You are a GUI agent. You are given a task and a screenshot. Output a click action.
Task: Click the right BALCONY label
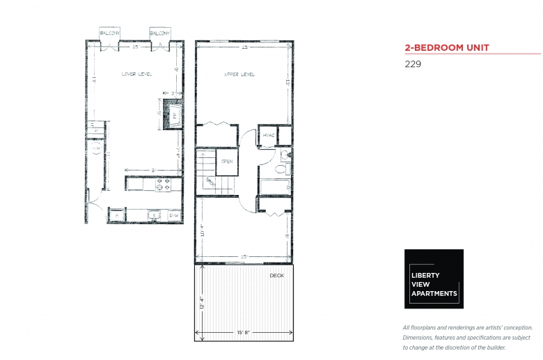[x=159, y=33]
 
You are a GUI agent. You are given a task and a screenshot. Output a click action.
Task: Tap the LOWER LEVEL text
[x=136, y=75]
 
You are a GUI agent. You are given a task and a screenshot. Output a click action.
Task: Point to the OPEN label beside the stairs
[x=227, y=162]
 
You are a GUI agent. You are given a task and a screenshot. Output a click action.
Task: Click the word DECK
[x=277, y=276]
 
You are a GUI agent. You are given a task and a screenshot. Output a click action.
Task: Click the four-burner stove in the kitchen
[x=162, y=185]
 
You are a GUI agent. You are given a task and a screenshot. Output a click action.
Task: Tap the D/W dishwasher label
[x=173, y=217]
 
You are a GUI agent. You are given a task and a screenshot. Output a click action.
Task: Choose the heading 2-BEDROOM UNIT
[x=447, y=48]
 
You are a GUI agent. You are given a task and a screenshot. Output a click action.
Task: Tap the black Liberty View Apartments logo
[x=434, y=279]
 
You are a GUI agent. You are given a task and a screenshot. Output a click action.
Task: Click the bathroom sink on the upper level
[x=285, y=154]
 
